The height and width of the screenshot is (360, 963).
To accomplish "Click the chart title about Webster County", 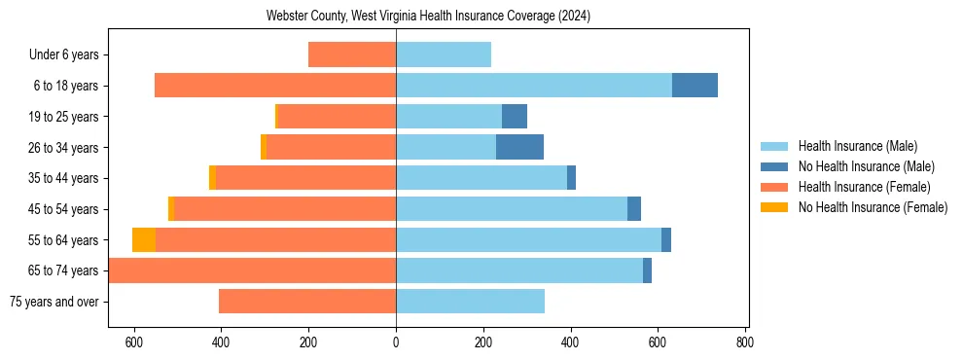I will [x=428, y=17].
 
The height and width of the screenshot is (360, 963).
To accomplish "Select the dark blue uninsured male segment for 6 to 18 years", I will [x=695, y=86].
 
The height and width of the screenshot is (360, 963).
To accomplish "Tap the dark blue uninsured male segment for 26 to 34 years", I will [x=519, y=147].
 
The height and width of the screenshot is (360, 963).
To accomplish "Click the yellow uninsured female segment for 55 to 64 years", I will [x=144, y=239].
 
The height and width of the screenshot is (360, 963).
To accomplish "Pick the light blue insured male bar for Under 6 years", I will [x=444, y=54].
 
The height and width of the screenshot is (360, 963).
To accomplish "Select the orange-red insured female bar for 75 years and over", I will [x=307, y=302].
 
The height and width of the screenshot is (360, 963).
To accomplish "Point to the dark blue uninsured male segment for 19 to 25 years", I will [x=515, y=117].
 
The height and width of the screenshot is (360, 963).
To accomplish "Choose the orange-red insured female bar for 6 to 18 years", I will [x=275, y=86].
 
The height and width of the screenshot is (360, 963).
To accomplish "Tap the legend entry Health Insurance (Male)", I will [x=857, y=146].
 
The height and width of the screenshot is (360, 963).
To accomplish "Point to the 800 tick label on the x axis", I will [x=745, y=342].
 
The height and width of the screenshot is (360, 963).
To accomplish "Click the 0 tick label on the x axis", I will [x=396, y=342].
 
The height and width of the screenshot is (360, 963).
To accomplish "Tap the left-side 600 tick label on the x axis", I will [x=134, y=342].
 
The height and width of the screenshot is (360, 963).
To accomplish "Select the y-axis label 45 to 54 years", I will [x=64, y=209].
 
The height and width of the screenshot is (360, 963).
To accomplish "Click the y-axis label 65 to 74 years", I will [x=64, y=270].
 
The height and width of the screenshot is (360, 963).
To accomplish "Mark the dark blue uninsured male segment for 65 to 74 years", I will [x=647, y=270].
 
